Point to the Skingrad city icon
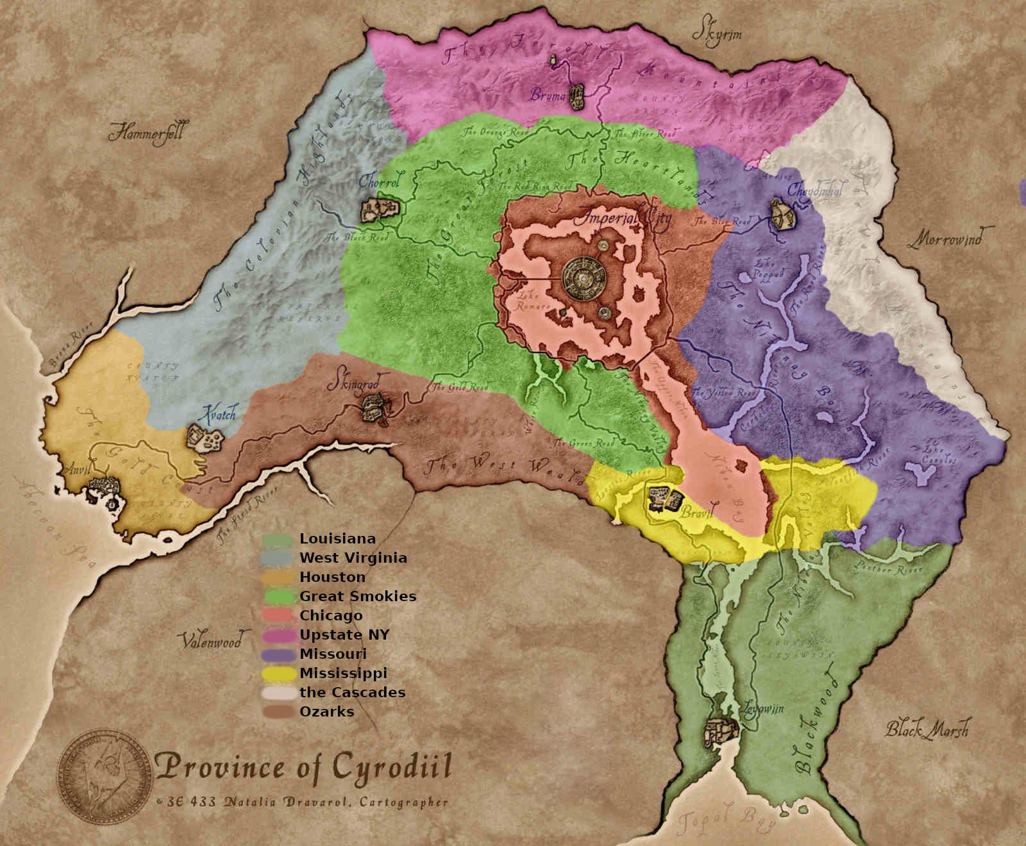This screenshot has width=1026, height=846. pos(373,408)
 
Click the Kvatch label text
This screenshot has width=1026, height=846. pos(219,413)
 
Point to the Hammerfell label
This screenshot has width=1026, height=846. pos(146,133)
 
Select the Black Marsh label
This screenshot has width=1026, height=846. pos(927,729)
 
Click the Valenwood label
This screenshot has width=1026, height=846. pos(211,640)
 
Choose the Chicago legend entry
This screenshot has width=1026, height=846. pos(330,615)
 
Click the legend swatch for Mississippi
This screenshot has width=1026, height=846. pos(278,674)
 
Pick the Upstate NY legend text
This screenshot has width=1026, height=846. pos(344,634)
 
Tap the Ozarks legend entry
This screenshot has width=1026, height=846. pos(326,711)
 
